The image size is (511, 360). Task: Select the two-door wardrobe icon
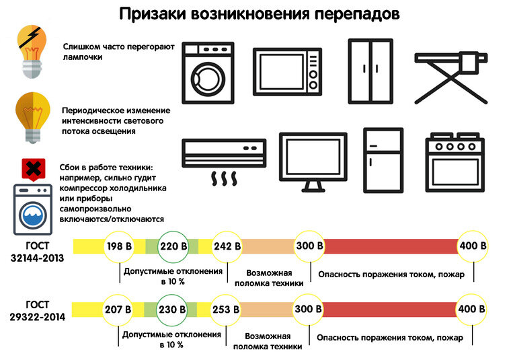[370, 71]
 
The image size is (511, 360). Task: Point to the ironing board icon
[450, 76]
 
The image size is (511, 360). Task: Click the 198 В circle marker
[119, 246]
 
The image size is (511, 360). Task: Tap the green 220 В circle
[173, 246]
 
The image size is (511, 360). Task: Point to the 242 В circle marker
[227, 246]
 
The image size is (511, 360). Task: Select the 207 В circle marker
[119, 310]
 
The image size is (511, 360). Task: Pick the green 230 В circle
[173, 310]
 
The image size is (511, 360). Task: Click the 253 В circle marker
[227, 310]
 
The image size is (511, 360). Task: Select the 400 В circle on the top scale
[473, 246]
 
